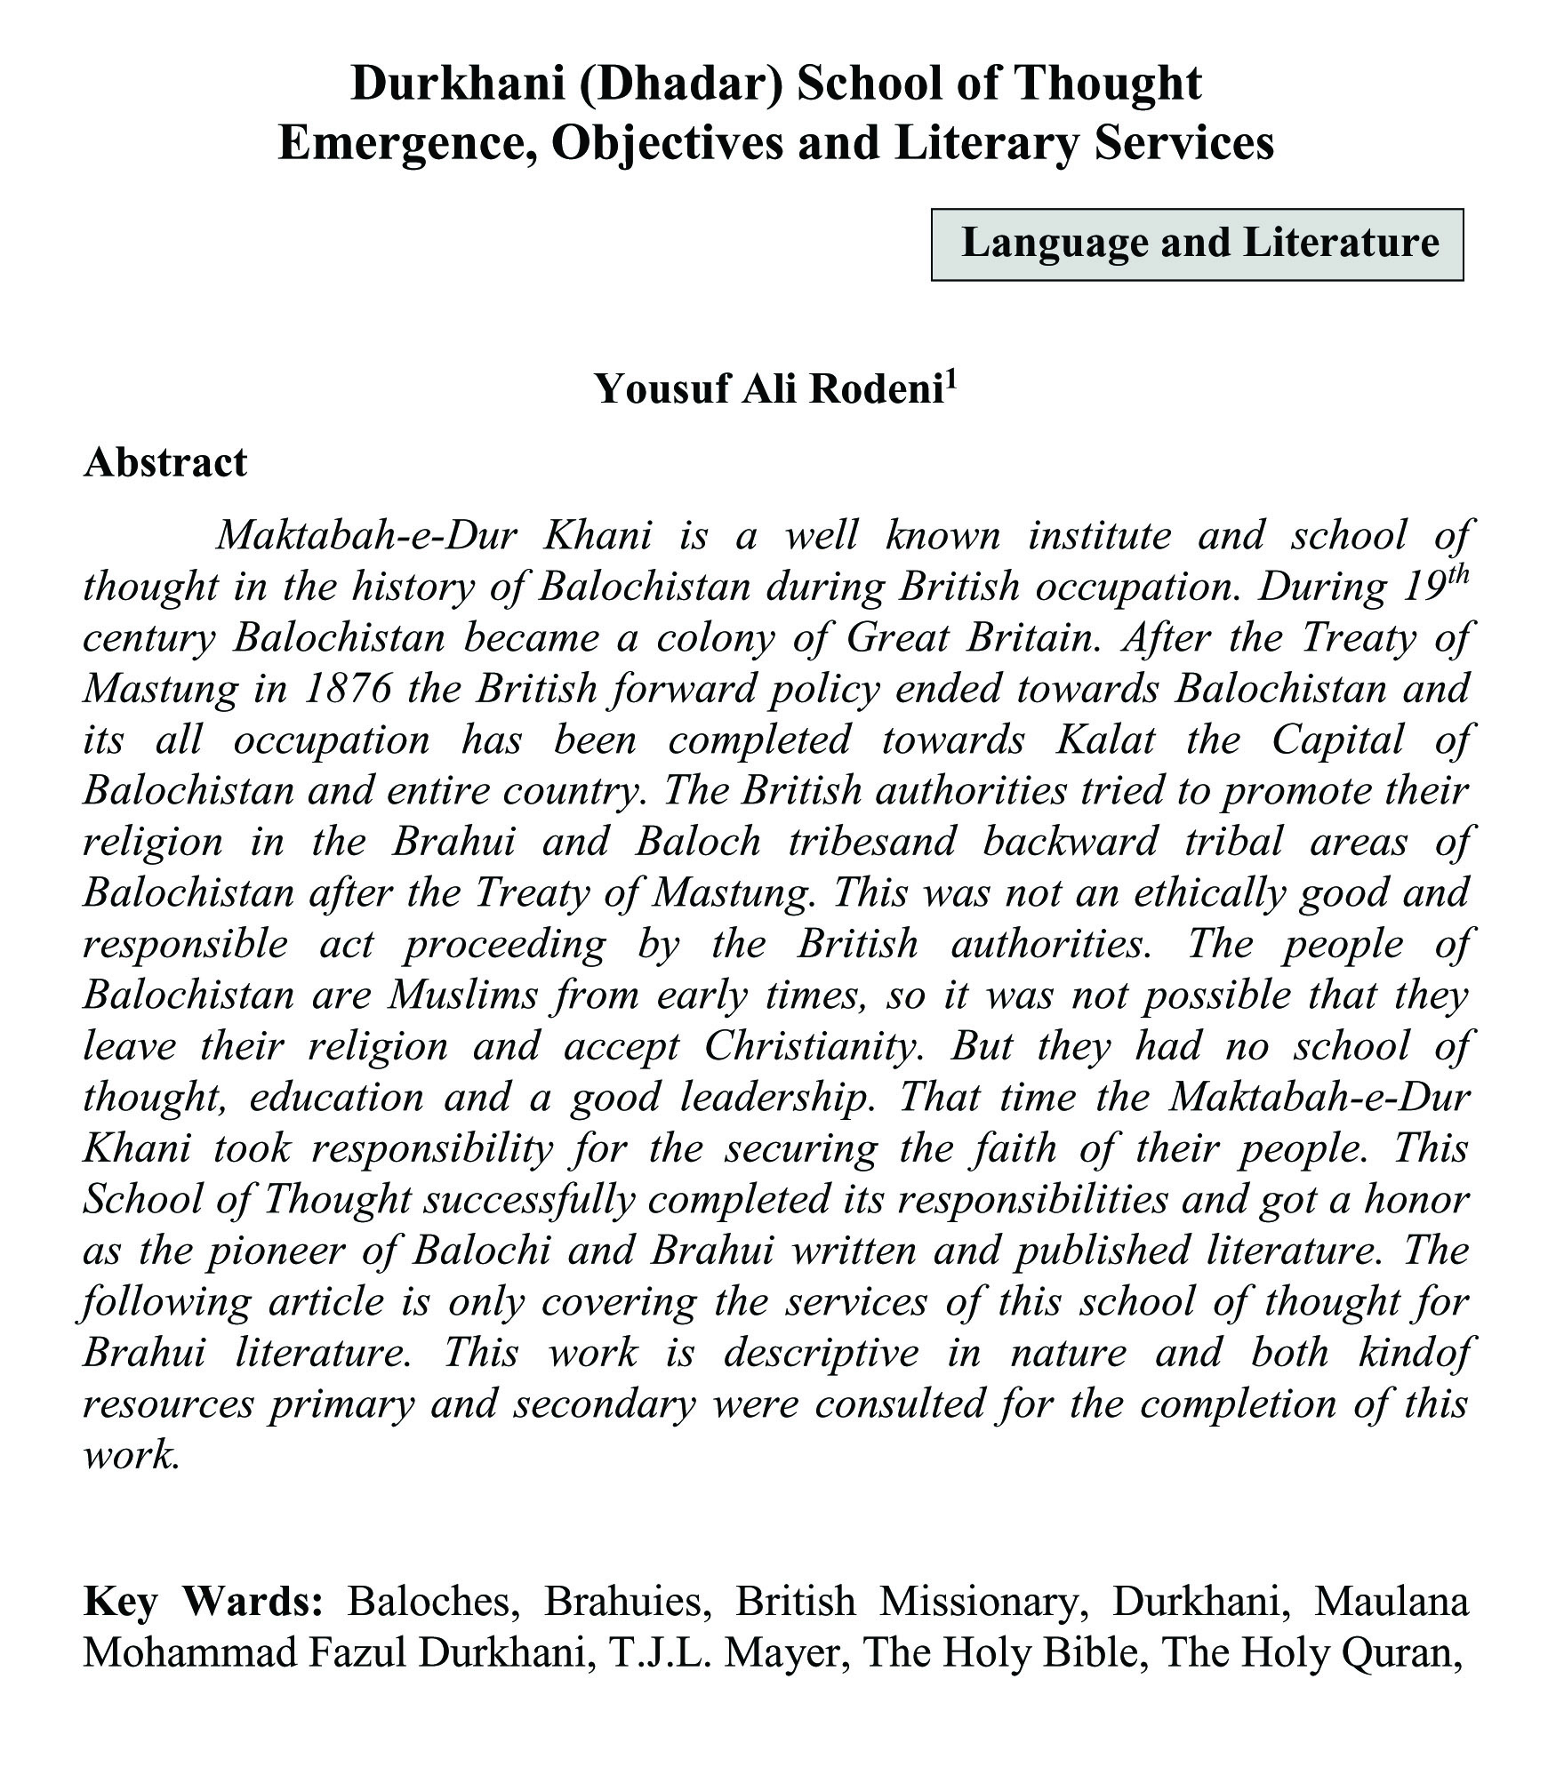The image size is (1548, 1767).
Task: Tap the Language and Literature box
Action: [1197, 244]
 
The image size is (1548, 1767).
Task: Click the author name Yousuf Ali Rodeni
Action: [768, 388]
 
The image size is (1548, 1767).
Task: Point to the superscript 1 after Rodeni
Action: [950, 377]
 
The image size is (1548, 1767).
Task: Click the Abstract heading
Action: [164, 462]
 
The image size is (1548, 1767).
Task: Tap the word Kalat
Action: [1103, 740]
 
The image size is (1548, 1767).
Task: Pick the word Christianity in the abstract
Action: [809, 1046]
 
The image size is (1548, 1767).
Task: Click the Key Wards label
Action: [202, 1603]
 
